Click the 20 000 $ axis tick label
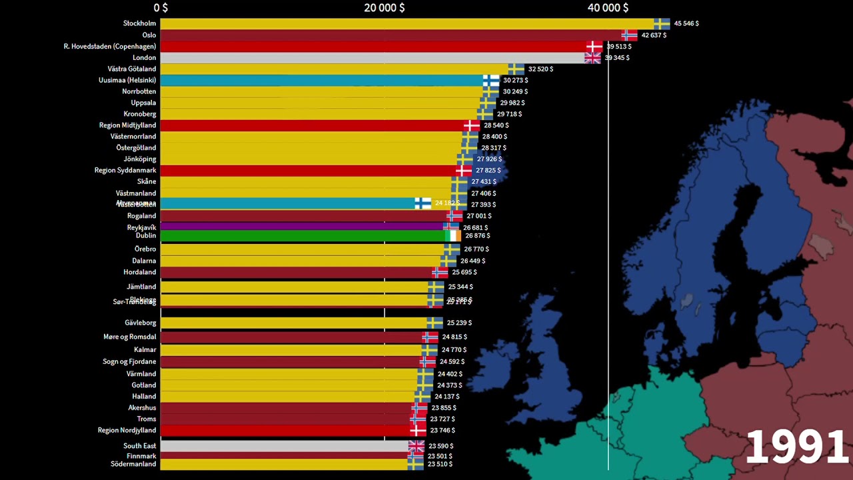384,7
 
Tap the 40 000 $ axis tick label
607,7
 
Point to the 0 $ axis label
161,7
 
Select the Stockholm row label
139,23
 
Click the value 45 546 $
686,23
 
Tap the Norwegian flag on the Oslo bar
629,35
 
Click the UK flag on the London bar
592,58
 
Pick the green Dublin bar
300,236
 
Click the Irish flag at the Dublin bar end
453,236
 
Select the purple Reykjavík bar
300,227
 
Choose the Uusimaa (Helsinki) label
127,80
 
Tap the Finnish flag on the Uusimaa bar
491,80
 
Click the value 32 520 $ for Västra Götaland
540,69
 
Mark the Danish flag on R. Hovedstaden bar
594,47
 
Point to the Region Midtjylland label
127,125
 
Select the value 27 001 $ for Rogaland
478,216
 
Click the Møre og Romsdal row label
129,337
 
